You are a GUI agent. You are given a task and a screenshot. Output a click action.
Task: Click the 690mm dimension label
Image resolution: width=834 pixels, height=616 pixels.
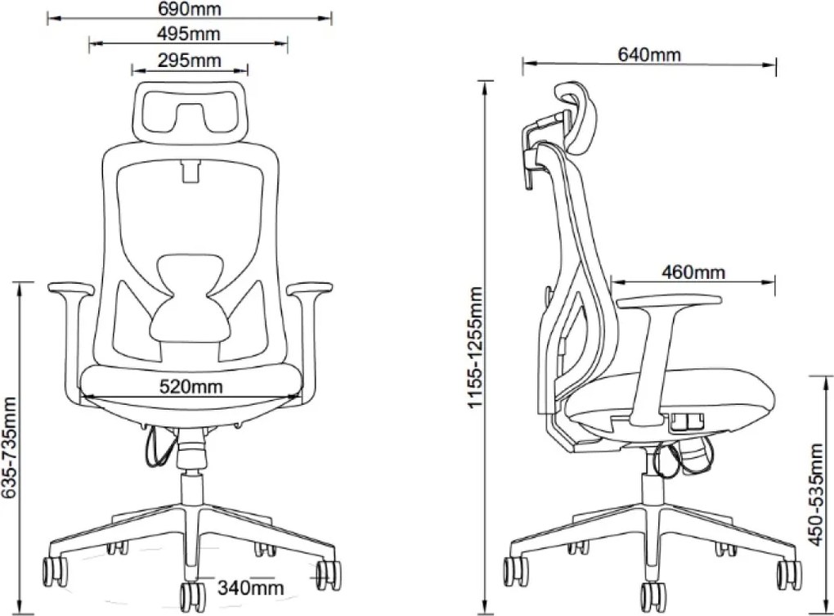(190, 9)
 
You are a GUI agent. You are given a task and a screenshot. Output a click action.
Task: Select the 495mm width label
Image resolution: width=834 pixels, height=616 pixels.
(188, 34)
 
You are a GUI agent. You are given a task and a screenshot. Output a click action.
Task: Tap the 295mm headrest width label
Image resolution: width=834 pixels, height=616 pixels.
(190, 60)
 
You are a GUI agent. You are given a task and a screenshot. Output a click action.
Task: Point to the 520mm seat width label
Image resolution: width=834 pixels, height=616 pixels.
(191, 386)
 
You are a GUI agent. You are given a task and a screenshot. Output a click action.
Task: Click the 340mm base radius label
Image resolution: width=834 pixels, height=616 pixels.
(250, 588)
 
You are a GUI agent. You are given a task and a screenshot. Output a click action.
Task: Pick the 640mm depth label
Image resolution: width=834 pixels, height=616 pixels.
(649, 54)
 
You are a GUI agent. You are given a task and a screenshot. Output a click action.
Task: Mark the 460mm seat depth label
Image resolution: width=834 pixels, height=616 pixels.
(693, 272)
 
